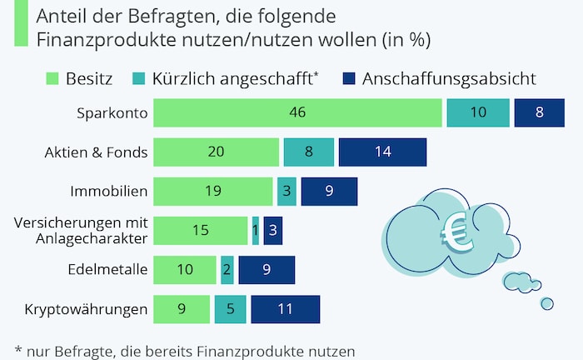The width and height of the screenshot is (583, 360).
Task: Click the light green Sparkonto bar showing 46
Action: click(x=297, y=112)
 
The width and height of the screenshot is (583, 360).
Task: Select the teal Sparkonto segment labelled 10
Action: click(x=477, y=112)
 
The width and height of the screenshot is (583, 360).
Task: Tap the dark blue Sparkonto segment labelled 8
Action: click(x=539, y=112)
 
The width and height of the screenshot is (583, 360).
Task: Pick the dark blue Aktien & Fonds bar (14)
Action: click(x=382, y=152)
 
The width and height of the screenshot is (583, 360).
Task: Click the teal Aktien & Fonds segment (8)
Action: click(x=308, y=152)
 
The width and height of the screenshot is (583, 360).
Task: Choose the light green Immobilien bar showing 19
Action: click(x=213, y=192)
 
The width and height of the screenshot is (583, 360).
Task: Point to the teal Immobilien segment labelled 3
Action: click(x=287, y=192)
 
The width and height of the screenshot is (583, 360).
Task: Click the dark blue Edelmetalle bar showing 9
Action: click(x=267, y=270)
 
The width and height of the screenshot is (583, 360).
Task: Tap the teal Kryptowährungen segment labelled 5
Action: click(x=230, y=309)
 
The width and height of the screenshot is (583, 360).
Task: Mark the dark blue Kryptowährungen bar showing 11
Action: click(x=285, y=309)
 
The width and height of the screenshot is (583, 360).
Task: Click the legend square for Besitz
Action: click(x=51, y=78)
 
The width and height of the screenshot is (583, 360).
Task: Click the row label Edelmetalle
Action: click(x=107, y=270)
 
